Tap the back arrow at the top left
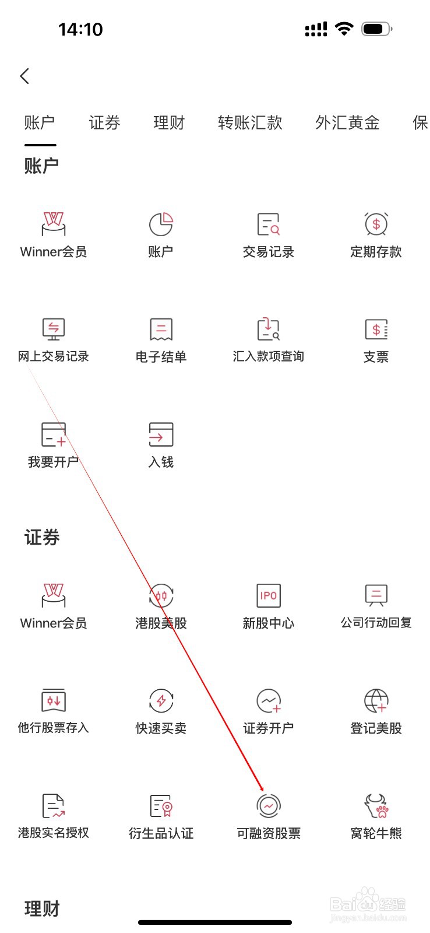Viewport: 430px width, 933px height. (x=24, y=76)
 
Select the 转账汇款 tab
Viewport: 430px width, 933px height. (x=250, y=122)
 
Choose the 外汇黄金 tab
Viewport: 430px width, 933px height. (x=347, y=122)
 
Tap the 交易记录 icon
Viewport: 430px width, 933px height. (x=269, y=225)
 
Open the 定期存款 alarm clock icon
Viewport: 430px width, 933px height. (x=376, y=225)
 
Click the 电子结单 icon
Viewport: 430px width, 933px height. (x=161, y=329)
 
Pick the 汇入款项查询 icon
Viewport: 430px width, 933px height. (x=269, y=329)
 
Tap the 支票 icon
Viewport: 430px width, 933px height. (x=376, y=329)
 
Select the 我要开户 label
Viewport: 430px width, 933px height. (x=53, y=462)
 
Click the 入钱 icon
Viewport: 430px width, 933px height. (x=161, y=434)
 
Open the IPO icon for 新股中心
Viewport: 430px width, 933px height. (x=269, y=596)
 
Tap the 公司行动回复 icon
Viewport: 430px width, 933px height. (x=376, y=596)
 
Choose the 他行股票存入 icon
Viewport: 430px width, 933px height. (x=53, y=701)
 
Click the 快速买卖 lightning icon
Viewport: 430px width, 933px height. (x=161, y=701)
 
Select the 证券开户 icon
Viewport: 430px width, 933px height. (x=269, y=701)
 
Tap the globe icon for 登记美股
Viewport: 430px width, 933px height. (x=376, y=701)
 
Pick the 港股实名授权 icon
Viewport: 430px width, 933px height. (x=53, y=806)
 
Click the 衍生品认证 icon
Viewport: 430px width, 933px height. (x=161, y=806)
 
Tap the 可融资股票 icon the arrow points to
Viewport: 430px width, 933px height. (x=269, y=806)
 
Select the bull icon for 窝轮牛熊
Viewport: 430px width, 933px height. (x=376, y=806)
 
